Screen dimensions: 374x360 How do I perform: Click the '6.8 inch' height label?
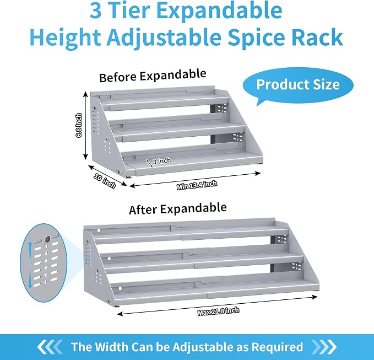point(78,125)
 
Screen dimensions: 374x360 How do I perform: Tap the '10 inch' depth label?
point(105,181)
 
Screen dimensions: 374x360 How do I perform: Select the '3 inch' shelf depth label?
point(162,161)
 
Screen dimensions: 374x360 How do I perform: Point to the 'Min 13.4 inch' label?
point(197,185)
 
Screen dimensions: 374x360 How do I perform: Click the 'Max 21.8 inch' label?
point(218,311)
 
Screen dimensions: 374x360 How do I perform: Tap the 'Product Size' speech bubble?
point(298,85)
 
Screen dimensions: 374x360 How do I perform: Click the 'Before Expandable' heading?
point(153,76)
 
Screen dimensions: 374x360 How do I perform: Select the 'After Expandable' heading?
point(178,208)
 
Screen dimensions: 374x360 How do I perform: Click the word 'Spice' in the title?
point(256,37)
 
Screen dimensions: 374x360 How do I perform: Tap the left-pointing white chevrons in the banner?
point(50,347)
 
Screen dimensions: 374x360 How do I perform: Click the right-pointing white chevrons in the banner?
point(324,347)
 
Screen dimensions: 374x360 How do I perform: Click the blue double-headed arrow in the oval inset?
point(30,265)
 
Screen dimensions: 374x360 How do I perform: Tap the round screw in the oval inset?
point(47,238)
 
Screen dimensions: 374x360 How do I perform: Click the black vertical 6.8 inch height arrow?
point(85,125)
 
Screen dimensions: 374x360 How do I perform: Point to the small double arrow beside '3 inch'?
point(150,163)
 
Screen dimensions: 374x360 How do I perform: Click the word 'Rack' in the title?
point(317,37)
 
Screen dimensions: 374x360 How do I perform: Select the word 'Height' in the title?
point(65,38)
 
